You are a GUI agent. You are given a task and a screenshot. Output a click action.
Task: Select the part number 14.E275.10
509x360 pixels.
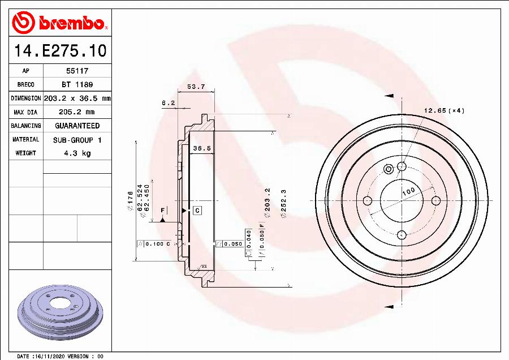tap(60, 51)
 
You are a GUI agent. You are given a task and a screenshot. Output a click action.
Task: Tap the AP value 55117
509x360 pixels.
tap(77, 71)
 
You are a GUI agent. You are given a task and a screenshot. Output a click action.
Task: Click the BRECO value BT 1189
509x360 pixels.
tap(77, 84)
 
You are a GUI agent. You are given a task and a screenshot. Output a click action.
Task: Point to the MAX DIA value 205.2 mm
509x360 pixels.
tap(77, 112)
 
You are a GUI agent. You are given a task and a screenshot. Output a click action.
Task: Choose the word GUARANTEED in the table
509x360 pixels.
tap(77, 126)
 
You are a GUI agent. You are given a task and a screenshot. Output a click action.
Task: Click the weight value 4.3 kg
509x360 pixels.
tap(77, 153)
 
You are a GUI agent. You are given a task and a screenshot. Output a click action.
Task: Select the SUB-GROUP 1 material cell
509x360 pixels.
tap(77, 139)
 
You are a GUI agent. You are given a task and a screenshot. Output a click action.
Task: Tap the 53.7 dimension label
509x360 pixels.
tap(196, 87)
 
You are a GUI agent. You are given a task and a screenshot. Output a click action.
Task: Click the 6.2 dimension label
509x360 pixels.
tap(168, 103)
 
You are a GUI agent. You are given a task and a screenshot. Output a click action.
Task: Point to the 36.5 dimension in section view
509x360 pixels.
tap(202, 148)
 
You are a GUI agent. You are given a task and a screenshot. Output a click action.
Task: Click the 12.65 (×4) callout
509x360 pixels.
tap(444, 110)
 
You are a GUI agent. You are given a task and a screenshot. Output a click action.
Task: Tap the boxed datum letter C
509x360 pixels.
tap(197, 211)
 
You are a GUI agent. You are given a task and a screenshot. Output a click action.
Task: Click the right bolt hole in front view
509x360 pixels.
tap(435, 200)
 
